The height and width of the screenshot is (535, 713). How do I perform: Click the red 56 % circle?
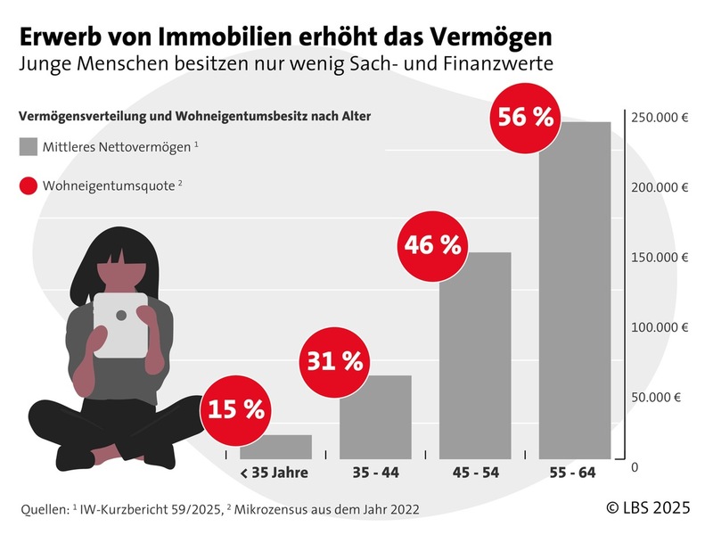[x=527, y=118]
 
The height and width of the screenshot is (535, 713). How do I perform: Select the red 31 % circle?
[x=335, y=361]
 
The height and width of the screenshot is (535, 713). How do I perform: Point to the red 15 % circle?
[x=236, y=409]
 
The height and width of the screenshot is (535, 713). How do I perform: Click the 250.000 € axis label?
[x=660, y=118]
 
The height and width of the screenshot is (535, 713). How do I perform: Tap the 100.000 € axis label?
[x=660, y=327]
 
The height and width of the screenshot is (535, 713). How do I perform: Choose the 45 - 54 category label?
[x=475, y=473]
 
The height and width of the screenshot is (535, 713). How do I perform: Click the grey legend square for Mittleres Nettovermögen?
[x=29, y=145]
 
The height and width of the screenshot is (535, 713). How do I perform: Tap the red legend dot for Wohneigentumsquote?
[x=29, y=186]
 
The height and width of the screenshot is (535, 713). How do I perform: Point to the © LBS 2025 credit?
[x=650, y=507]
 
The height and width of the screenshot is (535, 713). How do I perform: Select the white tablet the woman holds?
[x=121, y=325]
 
